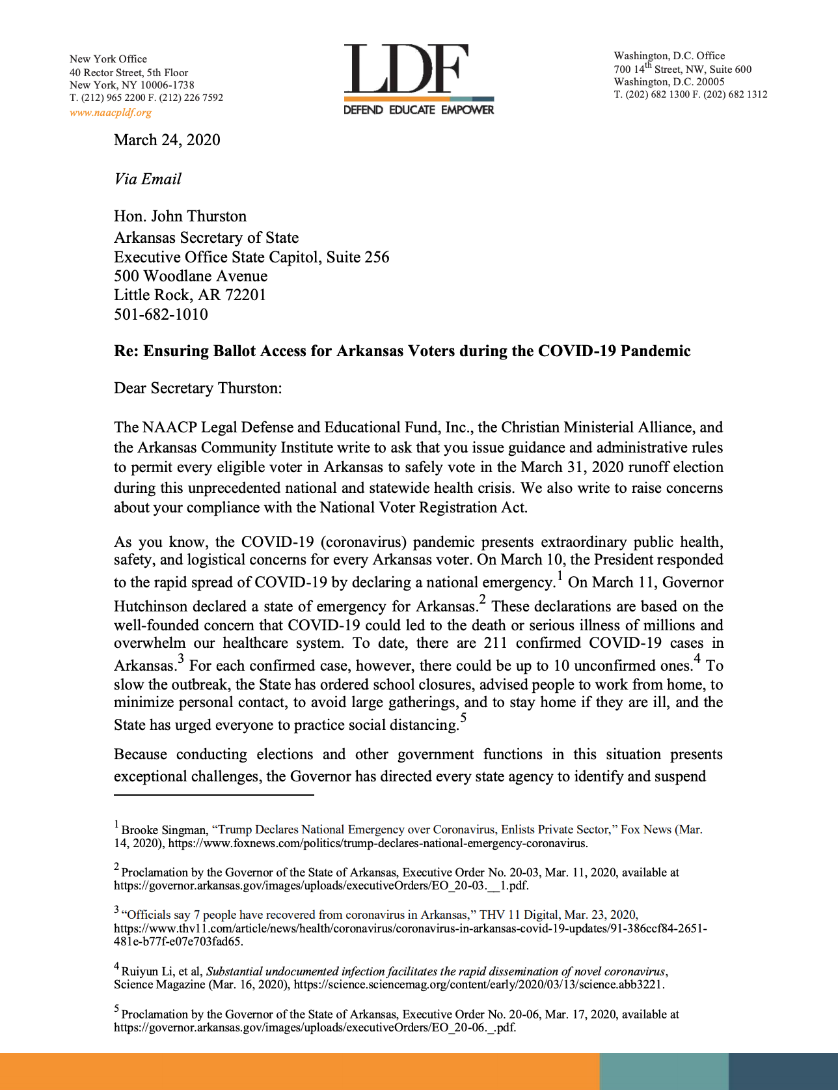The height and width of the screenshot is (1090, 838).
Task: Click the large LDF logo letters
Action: (x=406, y=69)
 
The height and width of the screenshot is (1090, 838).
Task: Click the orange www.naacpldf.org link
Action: (x=111, y=112)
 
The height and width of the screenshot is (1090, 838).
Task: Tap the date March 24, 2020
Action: (x=167, y=140)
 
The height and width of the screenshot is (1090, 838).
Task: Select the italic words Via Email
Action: (x=148, y=179)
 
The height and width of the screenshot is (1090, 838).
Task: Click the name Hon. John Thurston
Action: (x=180, y=216)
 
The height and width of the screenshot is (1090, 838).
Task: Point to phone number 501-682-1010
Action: (x=161, y=314)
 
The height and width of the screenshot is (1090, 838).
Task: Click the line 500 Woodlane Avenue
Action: (x=191, y=276)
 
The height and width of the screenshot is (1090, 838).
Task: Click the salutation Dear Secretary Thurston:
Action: (x=198, y=388)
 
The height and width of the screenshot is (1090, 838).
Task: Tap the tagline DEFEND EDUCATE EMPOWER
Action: (x=418, y=110)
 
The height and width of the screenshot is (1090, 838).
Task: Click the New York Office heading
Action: (x=108, y=59)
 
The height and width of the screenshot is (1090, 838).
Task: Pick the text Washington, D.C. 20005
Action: (x=669, y=82)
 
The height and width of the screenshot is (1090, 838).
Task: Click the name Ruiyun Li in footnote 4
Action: (x=144, y=971)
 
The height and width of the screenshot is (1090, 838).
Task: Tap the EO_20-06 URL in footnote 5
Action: (x=315, y=1028)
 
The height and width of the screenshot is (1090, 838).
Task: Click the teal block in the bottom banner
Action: (x=664, y=1072)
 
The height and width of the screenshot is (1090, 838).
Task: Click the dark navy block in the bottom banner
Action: (x=783, y=1072)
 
